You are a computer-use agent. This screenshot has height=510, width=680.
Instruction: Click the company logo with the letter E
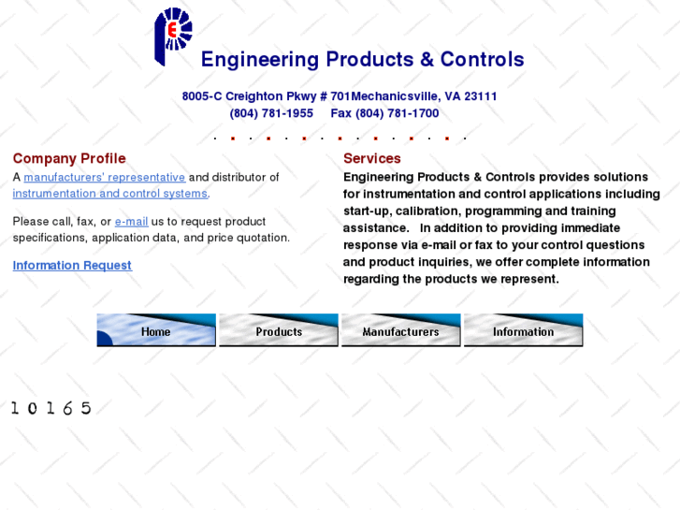173,36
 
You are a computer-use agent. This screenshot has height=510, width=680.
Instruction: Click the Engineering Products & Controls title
362,60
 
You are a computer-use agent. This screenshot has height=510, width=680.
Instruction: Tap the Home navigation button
156,330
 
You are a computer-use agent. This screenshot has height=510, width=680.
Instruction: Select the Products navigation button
279,330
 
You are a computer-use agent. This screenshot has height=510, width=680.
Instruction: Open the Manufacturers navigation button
400,330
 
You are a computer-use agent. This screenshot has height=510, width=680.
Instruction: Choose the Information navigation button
523,330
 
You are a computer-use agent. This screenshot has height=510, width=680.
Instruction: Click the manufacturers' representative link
104,178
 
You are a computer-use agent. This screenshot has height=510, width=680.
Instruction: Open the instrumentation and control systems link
109,194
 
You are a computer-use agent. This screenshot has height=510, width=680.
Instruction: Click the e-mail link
131,222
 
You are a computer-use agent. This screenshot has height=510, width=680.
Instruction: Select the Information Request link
72,266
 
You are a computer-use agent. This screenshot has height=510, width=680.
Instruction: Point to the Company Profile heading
69,159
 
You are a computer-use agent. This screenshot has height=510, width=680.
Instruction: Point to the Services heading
371,159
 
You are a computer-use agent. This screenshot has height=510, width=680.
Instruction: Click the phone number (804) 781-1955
271,114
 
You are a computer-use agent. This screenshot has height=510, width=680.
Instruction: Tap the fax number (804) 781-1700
397,114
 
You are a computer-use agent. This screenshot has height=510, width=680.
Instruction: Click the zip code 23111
481,96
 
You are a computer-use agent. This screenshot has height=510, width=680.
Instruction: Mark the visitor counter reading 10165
51,408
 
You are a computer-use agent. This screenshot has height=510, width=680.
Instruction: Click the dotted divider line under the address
340,138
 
